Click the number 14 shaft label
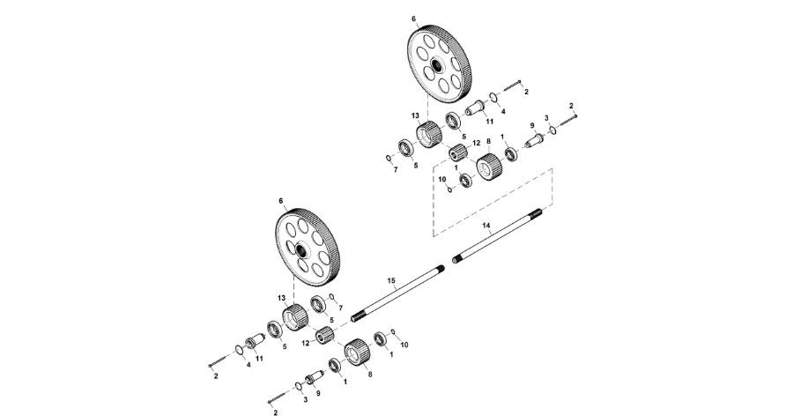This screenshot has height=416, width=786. (486, 226)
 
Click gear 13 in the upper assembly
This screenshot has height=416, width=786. (428, 135)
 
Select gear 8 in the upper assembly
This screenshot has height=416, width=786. (489, 166)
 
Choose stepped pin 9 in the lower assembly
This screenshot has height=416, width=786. (312, 380)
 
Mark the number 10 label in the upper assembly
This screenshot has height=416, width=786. (441, 180)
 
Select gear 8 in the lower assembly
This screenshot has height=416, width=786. (355, 353)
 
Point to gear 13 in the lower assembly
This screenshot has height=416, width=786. (295, 315)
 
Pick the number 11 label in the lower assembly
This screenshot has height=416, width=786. (259, 358)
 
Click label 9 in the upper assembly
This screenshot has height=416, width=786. (532, 125)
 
